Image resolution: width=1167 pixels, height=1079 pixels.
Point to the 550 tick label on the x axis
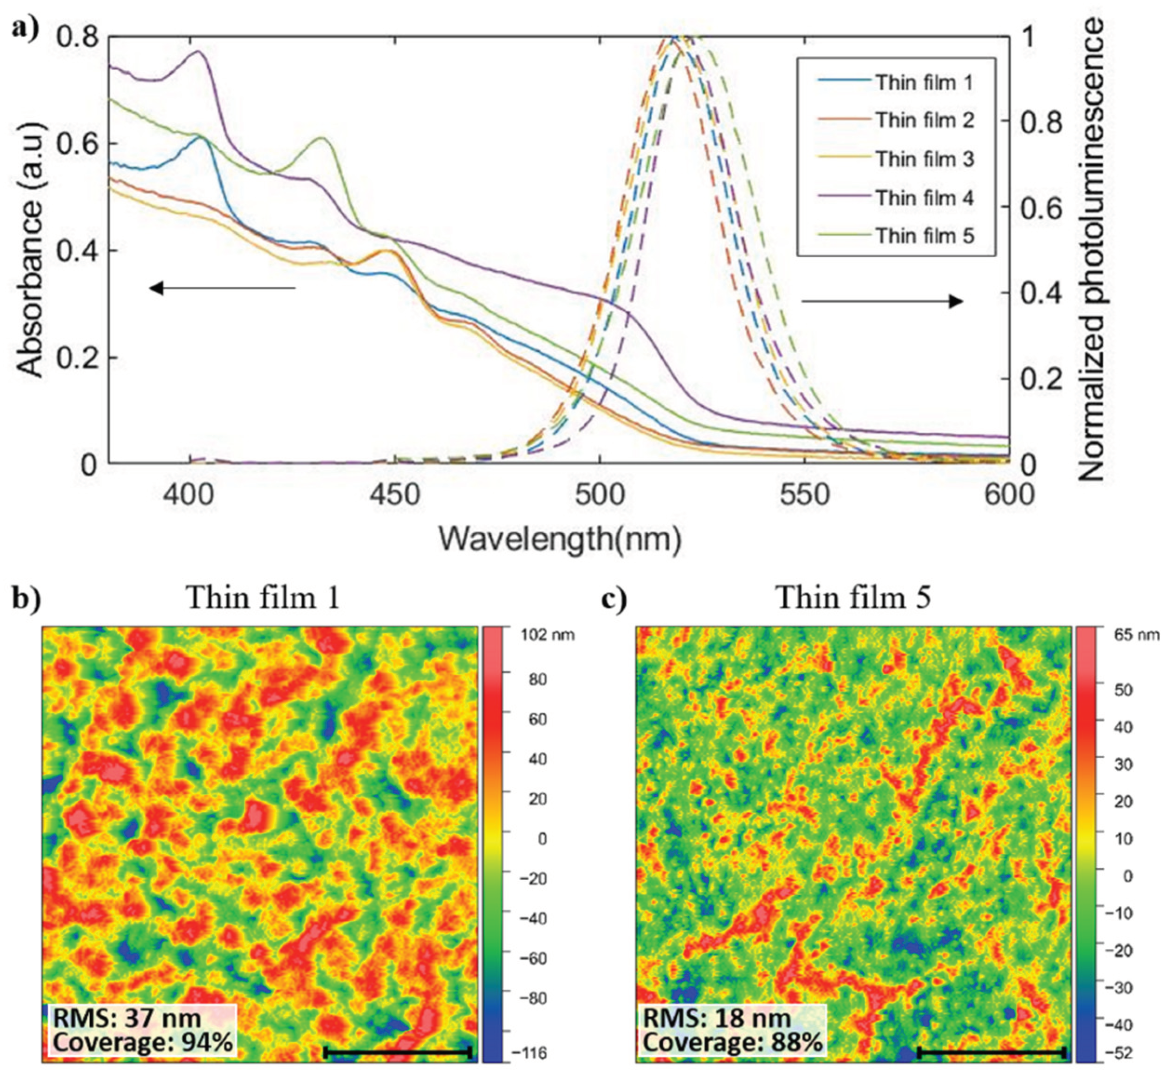tap(805, 495)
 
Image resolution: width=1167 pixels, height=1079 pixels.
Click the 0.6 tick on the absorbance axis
tap(78, 144)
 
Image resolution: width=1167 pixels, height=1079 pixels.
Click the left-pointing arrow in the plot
tap(222, 287)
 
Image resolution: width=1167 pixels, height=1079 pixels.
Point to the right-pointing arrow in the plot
tap(881, 302)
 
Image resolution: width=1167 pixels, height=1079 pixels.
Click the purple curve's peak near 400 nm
tap(199, 51)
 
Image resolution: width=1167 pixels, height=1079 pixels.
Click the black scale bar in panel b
tap(397, 1052)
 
